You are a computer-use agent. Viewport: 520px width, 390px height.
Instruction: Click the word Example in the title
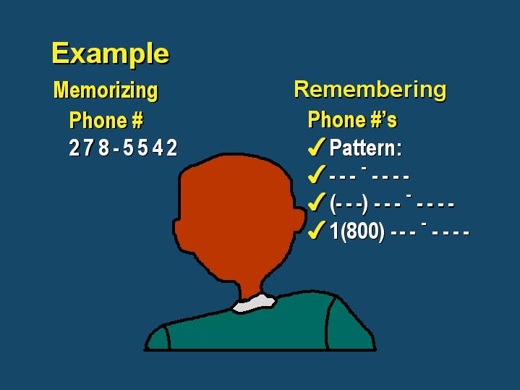click(111, 54)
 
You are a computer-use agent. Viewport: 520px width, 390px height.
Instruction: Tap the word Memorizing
click(106, 90)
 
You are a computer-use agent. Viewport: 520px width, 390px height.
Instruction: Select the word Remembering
click(370, 90)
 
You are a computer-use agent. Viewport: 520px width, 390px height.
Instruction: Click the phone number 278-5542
click(123, 148)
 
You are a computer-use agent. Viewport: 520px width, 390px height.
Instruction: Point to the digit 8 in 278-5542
click(104, 148)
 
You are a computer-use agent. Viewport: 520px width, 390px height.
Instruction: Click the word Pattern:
click(365, 148)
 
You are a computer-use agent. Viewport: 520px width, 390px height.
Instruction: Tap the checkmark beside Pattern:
click(317, 148)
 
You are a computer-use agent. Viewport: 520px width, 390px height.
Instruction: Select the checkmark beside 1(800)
click(317, 230)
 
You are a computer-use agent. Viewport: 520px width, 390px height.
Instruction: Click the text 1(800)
click(357, 231)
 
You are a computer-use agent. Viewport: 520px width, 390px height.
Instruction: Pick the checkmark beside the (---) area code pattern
click(317, 202)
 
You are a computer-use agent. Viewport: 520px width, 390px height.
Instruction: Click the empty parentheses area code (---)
click(349, 203)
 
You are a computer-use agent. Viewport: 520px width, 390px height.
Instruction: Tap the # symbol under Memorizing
click(137, 120)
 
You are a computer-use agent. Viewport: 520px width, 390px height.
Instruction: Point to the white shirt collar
click(255, 303)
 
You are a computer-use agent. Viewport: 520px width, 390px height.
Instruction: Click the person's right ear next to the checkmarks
click(299, 219)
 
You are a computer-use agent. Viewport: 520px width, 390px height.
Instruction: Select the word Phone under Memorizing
click(98, 120)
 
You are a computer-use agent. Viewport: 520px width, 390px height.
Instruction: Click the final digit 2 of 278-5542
click(172, 148)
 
